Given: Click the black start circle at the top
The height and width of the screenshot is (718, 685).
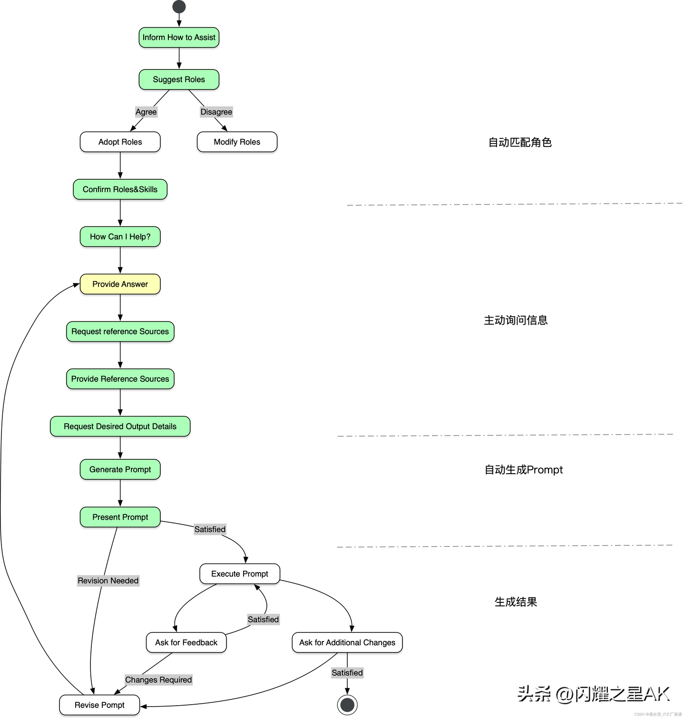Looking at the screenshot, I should click(179, 7).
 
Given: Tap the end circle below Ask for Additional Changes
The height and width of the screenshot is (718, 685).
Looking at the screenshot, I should click(347, 705).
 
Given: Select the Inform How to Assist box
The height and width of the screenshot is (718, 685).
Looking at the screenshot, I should click(179, 38).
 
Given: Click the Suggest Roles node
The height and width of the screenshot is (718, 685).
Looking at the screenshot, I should click(179, 79).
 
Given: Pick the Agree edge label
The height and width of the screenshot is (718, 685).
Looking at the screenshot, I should click(146, 112).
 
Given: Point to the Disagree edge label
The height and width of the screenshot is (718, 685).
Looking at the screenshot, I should click(216, 112).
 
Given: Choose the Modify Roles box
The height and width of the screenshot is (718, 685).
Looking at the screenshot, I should click(237, 142).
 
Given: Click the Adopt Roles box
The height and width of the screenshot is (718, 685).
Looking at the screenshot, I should click(120, 142).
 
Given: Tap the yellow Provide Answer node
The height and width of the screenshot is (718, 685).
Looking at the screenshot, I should click(120, 284).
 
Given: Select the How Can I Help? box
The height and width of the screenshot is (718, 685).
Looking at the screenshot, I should click(120, 237).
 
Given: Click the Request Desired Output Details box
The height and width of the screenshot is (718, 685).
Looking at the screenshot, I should click(120, 427).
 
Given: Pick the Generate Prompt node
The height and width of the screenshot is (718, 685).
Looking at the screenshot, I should click(120, 469).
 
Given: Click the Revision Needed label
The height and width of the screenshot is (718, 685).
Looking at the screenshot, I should click(108, 581).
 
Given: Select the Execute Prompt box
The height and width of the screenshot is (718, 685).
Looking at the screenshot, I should click(240, 574).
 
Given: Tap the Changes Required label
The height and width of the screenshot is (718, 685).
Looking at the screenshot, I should click(158, 679).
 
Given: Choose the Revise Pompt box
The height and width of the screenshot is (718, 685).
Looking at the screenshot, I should click(99, 705).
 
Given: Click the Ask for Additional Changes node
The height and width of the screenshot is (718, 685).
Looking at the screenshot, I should click(347, 642).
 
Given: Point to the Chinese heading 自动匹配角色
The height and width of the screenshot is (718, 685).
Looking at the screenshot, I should click(520, 142).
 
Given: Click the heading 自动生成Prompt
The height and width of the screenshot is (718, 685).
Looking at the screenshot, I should click(523, 470).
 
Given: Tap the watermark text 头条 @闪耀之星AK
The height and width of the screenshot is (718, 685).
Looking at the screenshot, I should click(594, 694).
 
